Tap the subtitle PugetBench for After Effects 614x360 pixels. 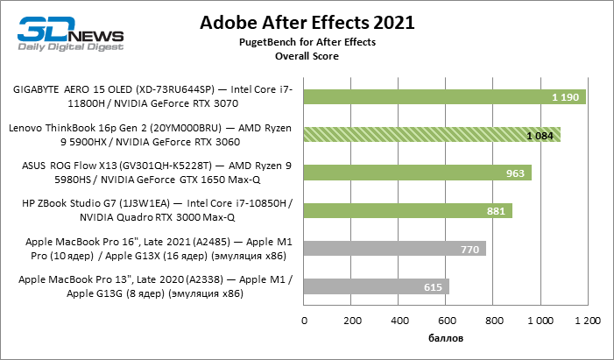(307, 42)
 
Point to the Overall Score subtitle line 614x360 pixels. (307, 56)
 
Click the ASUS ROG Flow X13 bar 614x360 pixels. (417, 173)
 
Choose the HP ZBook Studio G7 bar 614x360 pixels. (407, 210)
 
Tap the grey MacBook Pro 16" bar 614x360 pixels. (394, 248)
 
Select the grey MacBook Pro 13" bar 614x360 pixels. (376, 286)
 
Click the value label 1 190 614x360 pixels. (565, 97)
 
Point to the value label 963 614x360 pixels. (515, 173)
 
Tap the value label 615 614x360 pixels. (433, 287)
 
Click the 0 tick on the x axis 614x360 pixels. (304, 321)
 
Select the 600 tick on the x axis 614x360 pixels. (446, 321)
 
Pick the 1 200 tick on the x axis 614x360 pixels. (587, 321)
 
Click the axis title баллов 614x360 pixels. (446, 337)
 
